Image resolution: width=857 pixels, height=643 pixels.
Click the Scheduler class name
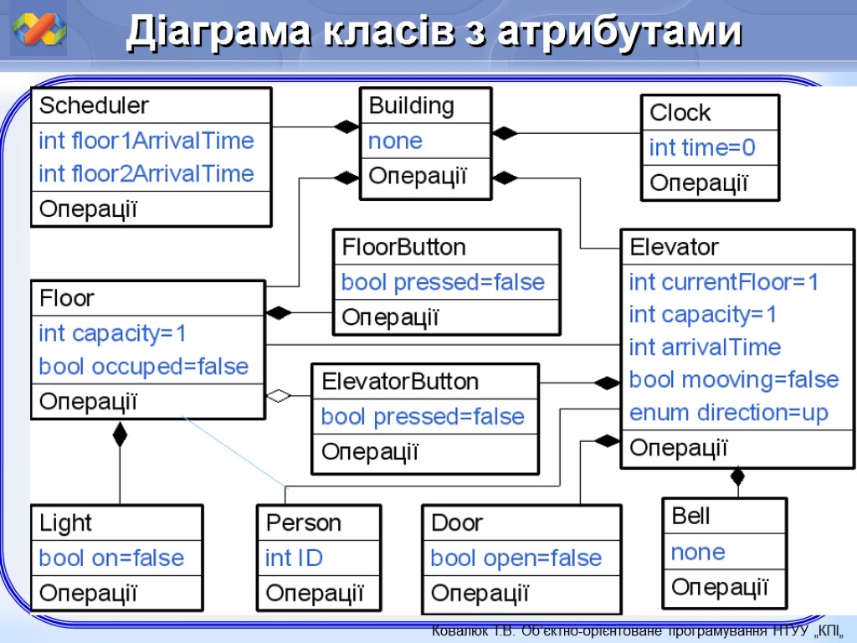click(94, 106)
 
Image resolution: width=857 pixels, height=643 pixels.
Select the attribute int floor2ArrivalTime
click(146, 174)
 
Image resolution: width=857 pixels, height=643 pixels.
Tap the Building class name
click(411, 106)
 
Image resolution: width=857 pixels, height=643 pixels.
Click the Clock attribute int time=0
click(702, 148)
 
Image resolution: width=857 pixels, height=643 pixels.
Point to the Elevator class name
click(674, 248)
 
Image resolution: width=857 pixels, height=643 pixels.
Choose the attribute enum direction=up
click(728, 413)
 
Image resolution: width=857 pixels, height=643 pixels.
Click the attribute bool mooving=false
click(733, 380)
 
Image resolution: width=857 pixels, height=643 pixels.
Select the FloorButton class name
click(403, 248)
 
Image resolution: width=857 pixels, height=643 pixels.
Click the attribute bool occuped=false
click(144, 367)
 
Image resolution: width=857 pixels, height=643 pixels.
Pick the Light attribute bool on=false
click(111, 558)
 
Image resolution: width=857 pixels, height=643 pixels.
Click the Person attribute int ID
click(294, 558)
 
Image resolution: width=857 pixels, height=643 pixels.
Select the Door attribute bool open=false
click(516, 558)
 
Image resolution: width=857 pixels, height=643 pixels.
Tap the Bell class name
click(690, 517)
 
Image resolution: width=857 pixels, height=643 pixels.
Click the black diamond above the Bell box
click(737, 477)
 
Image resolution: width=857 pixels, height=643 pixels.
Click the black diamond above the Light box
click(120, 434)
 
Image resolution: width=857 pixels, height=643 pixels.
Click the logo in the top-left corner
click(39, 32)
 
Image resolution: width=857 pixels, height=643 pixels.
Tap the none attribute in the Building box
click(395, 141)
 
